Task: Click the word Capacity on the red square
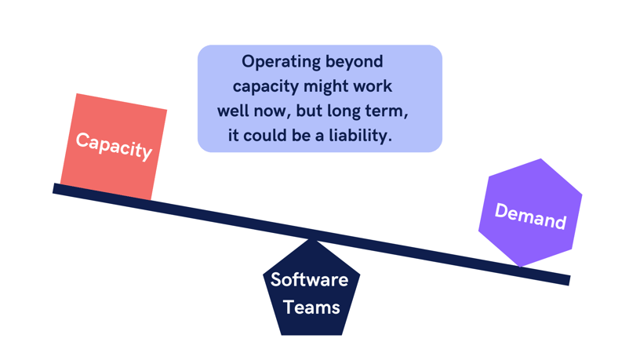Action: (114, 145)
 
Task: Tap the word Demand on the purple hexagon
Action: (530, 216)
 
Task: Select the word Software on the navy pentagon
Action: (309, 280)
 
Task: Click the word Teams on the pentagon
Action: (311, 307)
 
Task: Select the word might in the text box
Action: (325, 86)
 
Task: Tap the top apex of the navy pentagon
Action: (312, 239)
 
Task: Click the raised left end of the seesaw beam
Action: (56, 188)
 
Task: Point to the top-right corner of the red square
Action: (166, 110)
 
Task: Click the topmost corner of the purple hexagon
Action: (541, 159)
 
